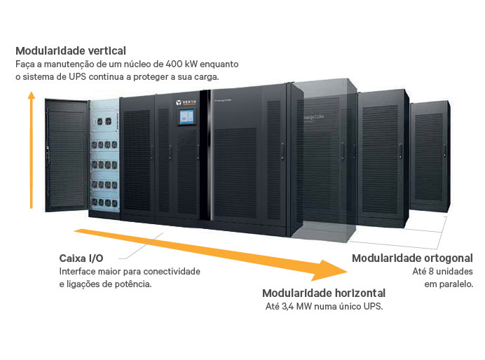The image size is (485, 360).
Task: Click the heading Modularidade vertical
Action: point(71,50)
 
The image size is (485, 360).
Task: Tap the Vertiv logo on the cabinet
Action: point(186,102)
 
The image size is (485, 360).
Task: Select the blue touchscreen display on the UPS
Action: point(187,117)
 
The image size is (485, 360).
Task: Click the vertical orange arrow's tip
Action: point(32,92)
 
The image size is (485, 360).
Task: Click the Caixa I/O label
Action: point(81,258)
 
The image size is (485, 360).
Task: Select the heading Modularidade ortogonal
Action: point(413,258)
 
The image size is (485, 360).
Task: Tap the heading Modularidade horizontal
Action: point(324,293)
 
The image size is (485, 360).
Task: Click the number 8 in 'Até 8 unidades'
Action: point(432,271)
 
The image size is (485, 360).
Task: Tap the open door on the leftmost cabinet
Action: point(67,155)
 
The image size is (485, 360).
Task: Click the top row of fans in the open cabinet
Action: point(104,121)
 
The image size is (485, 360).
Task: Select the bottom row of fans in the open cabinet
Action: point(104,202)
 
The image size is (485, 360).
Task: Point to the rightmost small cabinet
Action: point(430,157)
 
